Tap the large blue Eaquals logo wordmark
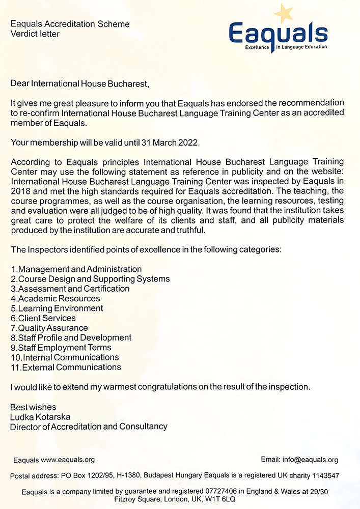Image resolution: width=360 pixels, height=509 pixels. point(278,34)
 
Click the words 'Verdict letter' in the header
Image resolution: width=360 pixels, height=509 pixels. point(35,34)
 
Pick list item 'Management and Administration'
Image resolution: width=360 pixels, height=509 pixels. point(80,269)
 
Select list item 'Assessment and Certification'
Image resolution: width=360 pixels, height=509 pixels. point(74,289)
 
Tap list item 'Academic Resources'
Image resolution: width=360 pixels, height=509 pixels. point(59,298)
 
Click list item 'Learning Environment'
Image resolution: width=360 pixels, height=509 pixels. point(61,308)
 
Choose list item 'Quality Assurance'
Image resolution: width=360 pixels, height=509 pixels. point(53,328)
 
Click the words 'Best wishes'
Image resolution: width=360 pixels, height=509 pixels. point(33,407)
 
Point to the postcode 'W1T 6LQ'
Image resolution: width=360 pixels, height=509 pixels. point(220,500)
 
